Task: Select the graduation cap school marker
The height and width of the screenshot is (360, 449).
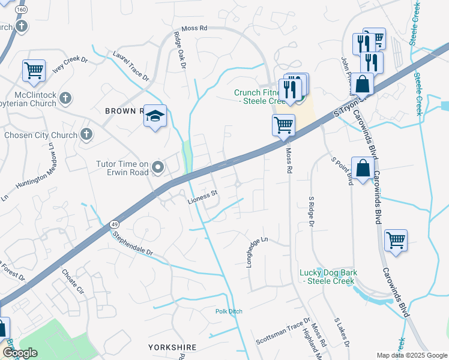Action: tap(155, 116)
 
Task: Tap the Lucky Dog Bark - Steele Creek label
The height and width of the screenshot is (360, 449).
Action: tap(328, 277)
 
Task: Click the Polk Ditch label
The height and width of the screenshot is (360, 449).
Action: tap(228, 311)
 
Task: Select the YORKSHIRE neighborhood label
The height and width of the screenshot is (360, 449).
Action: tap(171, 347)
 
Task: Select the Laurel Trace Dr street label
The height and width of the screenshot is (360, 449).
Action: tap(130, 65)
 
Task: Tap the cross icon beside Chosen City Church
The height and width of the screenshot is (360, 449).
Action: tap(87, 134)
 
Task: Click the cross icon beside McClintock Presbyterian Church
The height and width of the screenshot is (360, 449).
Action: tap(66, 97)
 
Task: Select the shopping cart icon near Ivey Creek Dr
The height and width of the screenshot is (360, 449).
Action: tap(34, 70)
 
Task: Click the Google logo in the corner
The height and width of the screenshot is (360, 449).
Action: tap(20, 353)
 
